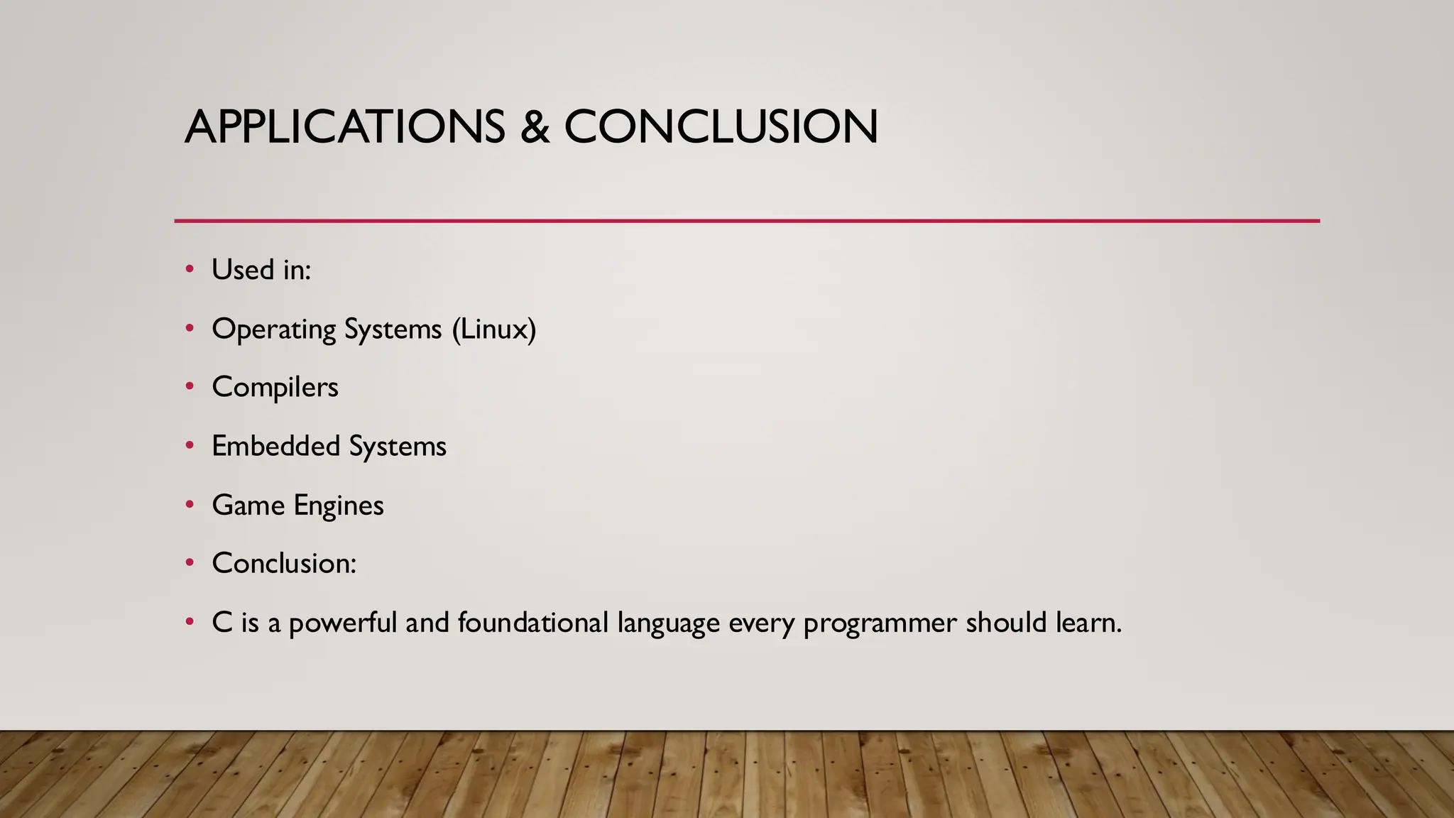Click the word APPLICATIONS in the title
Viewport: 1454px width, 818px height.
345,127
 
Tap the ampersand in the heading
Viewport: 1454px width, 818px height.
535,127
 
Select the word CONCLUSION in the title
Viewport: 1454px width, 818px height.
721,127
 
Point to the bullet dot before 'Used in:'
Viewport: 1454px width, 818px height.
190,269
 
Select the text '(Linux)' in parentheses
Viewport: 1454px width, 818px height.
494,329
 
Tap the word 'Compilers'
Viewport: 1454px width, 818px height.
275,388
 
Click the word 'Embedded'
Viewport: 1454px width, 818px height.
275,446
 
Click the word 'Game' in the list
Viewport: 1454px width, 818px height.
248,506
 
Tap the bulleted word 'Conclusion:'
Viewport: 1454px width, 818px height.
284,564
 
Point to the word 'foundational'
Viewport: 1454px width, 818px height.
533,623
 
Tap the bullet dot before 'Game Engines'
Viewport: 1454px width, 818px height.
190,505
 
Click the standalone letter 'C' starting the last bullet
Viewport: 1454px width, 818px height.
222,623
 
